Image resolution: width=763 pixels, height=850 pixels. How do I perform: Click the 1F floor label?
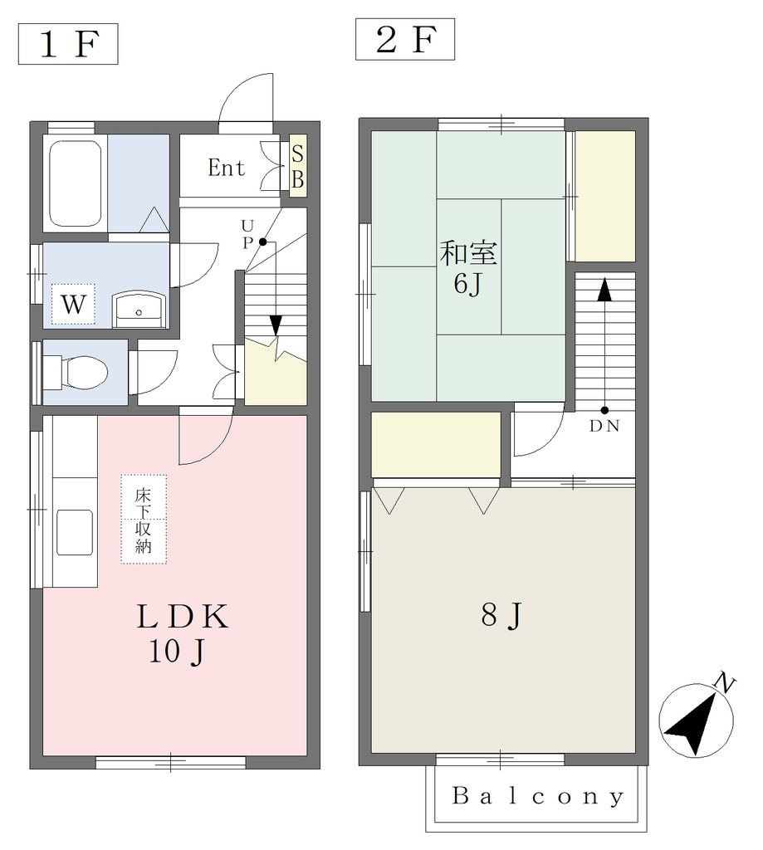[68, 44]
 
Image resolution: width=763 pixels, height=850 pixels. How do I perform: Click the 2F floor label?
[406, 39]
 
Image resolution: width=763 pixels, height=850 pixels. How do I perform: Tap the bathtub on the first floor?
[76, 183]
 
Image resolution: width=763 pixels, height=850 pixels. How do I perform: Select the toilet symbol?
[76, 373]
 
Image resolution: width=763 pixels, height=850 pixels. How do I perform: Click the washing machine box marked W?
[73, 304]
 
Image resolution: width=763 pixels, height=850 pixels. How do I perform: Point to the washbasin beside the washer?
[139, 310]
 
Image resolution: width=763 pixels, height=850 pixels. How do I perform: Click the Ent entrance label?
[226, 168]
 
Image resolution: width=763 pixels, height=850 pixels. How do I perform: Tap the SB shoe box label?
[298, 166]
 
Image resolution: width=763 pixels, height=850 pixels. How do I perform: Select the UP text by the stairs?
[247, 234]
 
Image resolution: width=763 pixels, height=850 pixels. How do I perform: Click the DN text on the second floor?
[604, 426]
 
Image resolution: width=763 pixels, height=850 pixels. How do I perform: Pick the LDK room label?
[182, 617]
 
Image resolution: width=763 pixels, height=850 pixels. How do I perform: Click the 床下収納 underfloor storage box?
[144, 520]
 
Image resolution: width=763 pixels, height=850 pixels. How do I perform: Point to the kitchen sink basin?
[75, 532]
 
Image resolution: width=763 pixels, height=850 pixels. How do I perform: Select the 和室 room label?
[468, 253]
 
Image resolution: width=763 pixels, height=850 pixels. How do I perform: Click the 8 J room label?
[501, 615]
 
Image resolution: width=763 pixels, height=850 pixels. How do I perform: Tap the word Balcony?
[537, 796]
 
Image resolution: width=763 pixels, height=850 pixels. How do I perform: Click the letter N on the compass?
[725, 682]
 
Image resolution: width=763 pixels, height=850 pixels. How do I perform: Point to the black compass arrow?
[690, 724]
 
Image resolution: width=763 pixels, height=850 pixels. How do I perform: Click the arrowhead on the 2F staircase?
[604, 290]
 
